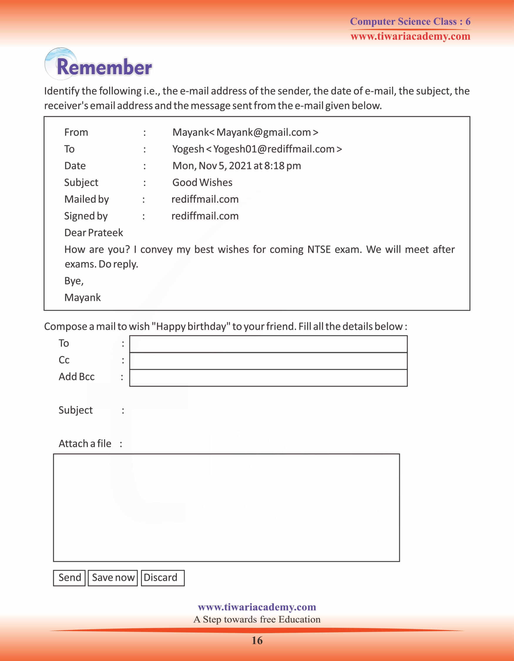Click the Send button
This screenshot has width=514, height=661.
pos(69,578)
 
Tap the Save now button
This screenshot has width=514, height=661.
pos(113,578)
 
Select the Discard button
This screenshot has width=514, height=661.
pos(162,578)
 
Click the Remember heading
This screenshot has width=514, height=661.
pos(104,67)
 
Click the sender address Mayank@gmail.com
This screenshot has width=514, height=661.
pos(263,132)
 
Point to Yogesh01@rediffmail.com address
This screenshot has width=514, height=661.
pos(273,149)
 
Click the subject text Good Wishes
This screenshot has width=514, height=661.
pos(202,182)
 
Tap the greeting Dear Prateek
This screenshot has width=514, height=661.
pos(93,232)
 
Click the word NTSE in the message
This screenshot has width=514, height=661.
pos(319,249)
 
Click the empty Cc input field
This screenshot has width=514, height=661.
pos(268,361)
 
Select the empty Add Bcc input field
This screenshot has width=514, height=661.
pos(268,378)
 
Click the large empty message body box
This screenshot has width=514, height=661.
pos(226,508)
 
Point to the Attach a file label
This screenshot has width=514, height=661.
pos(85,443)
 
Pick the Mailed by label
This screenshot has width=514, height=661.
pos(86,199)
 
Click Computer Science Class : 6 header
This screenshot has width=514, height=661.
pos(410,21)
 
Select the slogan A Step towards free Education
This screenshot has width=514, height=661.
pos(257,619)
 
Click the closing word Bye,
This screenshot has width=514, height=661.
pos(74,281)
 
